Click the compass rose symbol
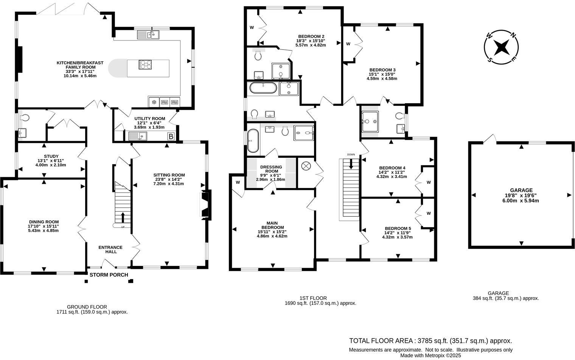501,48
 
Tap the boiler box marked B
171,137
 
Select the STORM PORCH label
109,275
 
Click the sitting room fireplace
205,204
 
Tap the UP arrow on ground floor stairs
123,218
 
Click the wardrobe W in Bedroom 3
348,44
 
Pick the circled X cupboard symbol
305,166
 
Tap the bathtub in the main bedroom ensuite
253,141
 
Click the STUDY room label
51,156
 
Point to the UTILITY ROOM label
150,118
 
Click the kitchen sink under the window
149,35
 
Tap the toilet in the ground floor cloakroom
25,118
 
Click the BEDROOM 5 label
398,228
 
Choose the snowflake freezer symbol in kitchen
154,102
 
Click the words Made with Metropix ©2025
430,355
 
